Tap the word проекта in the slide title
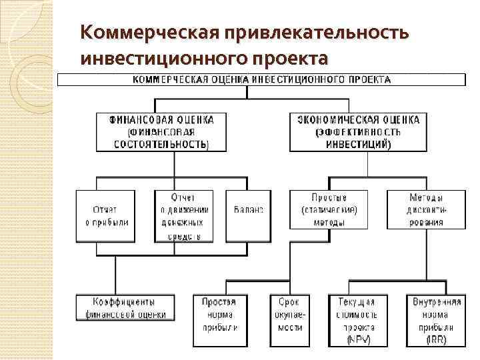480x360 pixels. [x=288, y=58]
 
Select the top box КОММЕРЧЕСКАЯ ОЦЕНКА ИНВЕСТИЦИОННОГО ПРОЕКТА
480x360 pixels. [x=261, y=79]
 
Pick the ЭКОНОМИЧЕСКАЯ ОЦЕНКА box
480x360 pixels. [x=358, y=131]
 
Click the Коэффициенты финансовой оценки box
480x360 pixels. [x=125, y=307]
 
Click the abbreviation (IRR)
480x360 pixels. [x=437, y=340]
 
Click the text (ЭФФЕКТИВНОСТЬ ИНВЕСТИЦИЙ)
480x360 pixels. [x=358, y=138]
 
